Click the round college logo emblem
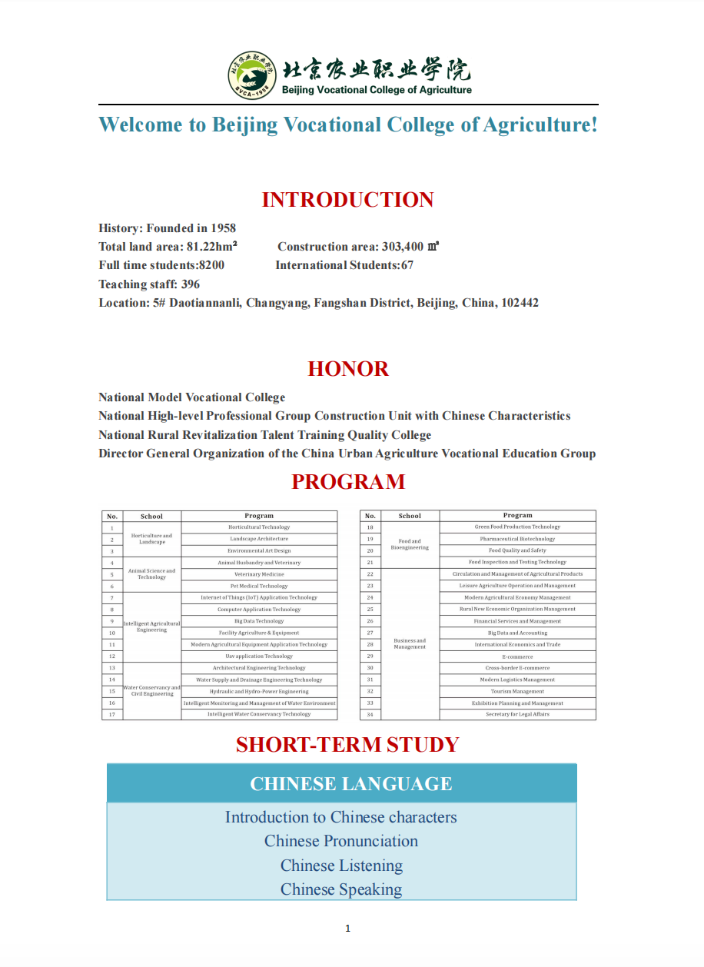click(251, 75)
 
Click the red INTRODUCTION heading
click(347, 200)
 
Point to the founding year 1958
click(223, 228)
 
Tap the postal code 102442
click(520, 303)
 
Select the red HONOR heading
click(348, 369)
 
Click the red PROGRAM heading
click(348, 482)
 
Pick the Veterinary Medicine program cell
click(259, 574)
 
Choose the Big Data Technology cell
click(259, 621)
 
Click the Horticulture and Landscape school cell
click(151, 539)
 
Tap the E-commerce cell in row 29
click(517, 656)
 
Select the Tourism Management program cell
click(517, 692)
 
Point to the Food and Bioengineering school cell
click(410, 544)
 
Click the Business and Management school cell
click(410, 643)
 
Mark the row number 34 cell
click(370, 715)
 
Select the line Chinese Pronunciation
click(340, 841)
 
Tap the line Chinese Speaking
click(340, 889)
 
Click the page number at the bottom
click(347, 929)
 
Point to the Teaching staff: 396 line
click(149, 284)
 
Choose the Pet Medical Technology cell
click(259, 587)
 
